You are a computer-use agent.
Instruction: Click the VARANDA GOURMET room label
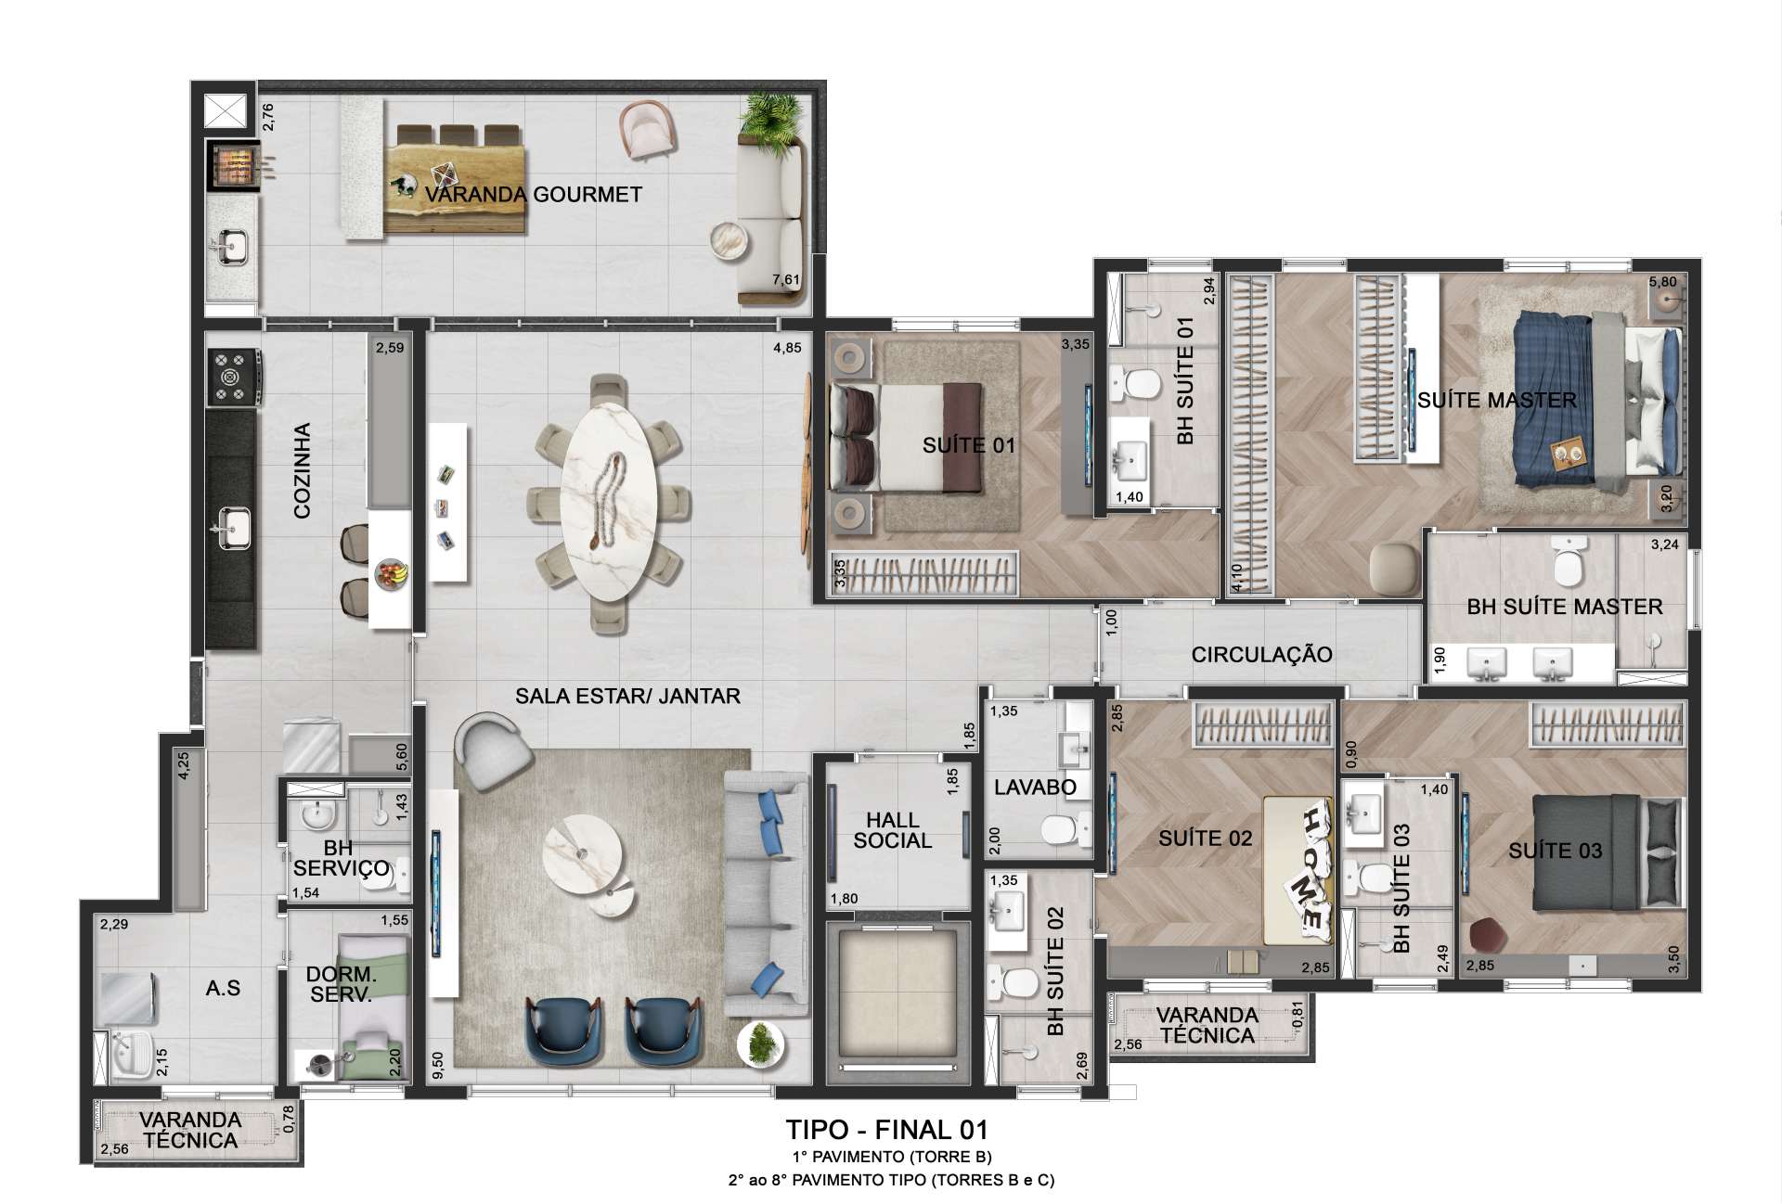(533, 195)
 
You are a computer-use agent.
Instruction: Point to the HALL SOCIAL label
(892, 830)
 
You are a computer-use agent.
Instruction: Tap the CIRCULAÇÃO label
(1261, 654)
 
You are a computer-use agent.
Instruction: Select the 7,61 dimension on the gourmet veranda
(785, 279)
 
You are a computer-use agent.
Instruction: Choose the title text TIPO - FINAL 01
(886, 1130)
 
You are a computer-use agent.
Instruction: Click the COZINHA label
(302, 470)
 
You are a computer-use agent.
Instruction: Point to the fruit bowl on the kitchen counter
(391, 572)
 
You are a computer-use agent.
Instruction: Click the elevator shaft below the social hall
(897, 1002)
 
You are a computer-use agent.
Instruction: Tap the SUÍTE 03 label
(1555, 851)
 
